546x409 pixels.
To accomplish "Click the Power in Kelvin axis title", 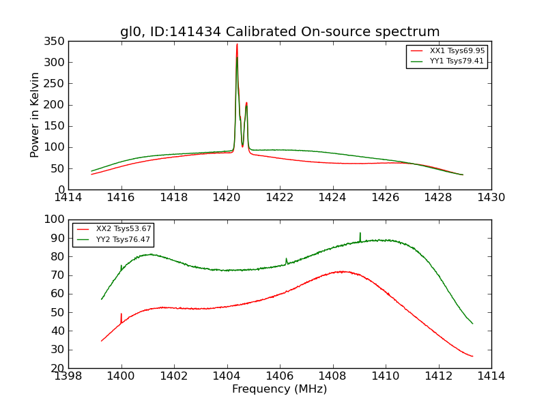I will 35,115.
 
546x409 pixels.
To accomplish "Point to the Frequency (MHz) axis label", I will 279,389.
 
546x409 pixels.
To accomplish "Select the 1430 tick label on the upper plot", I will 491,198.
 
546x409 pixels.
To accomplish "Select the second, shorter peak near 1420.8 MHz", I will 246,104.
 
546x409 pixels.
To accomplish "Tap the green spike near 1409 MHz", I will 360,234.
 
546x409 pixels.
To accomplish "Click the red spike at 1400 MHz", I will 121,315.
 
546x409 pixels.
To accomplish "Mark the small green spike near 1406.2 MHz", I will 286,259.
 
